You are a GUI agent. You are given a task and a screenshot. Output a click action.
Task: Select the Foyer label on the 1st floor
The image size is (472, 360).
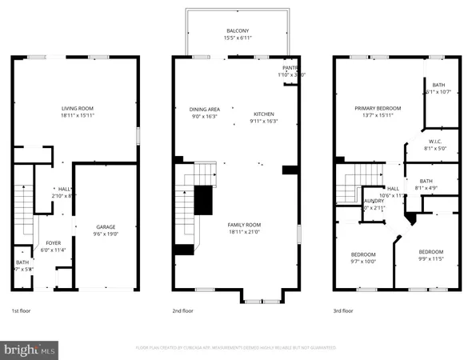53,242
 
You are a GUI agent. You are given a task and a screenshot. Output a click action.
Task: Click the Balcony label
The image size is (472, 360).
236,31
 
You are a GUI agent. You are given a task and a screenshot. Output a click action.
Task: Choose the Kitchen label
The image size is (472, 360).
265,113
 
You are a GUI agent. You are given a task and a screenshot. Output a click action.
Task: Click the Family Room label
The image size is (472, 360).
236,226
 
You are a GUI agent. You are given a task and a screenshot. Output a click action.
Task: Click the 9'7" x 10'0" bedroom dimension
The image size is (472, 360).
363,260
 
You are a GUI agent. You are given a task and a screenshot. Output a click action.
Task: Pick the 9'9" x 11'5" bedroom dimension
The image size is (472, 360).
431,259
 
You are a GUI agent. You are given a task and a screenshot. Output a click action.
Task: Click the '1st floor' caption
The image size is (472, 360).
22,310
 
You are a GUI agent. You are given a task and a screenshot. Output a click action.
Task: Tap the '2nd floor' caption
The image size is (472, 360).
182,310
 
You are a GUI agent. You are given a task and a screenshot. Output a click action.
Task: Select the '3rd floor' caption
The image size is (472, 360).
343,310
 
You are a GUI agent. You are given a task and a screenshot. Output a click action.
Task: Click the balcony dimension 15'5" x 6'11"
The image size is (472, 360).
236,38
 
